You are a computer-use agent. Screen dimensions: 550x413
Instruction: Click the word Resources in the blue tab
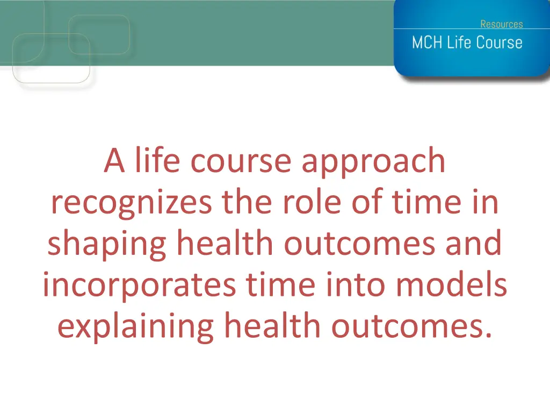click(x=502, y=24)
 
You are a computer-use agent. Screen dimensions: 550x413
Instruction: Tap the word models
click(x=451, y=284)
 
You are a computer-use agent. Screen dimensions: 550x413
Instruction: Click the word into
click(x=356, y=285)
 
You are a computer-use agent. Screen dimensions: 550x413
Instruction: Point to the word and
click(x=474, y=243)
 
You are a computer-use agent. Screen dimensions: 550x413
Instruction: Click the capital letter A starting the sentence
click(x=114, y=160)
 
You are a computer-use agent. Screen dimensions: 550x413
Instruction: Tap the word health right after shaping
click(x=225, y=243)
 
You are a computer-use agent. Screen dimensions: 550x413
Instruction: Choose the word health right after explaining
click(x=272, y=325)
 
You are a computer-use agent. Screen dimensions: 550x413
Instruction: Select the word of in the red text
click(x=367, y=201)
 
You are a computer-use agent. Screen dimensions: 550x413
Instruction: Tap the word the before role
click(x=247, y=201)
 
